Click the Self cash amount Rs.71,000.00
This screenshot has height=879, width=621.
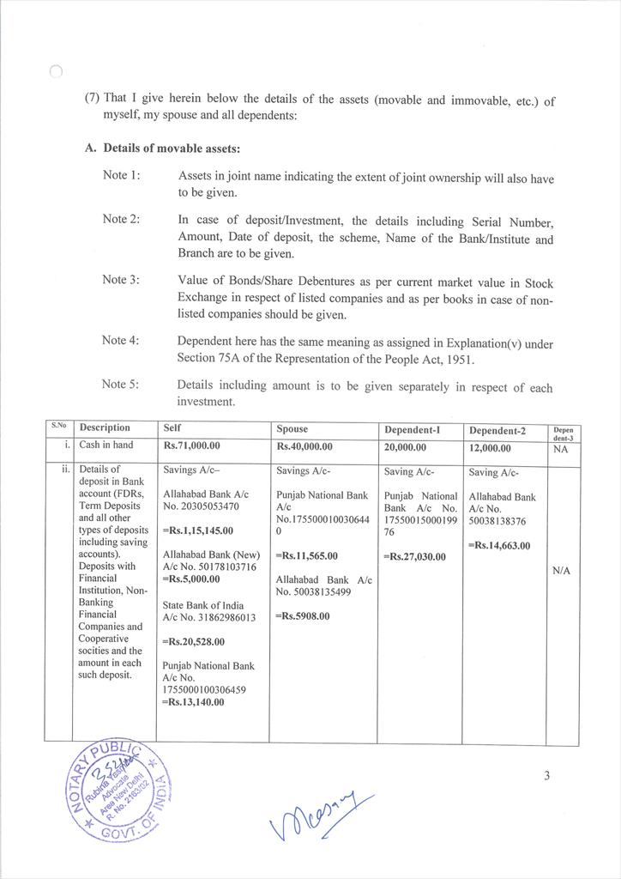click(x=192, y=446)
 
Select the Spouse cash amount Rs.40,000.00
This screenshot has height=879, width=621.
click(x=304, y=446)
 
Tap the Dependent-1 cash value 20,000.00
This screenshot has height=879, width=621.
click(x=404, y=447)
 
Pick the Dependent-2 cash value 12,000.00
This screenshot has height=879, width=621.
click(x=490, y=447)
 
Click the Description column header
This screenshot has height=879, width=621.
click(x=105, y=427)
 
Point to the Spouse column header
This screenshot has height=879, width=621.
click(x=292, y=428)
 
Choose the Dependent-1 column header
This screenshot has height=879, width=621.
click(x=411, y=428)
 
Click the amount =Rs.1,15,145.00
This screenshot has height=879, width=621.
click(x=198, y=530)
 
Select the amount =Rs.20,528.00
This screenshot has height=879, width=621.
click(x=194, y=641)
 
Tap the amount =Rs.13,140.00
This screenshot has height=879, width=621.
click(x=193, y=702)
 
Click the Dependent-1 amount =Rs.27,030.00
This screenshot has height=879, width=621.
click(x=414, y=556)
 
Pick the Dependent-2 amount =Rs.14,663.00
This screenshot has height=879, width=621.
click(x=499, y=545)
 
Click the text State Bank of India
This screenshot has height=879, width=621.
click(x=202, y=605)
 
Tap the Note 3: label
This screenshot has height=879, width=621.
click(x=121, y=280)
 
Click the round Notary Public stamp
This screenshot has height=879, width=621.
click(x=111, y=790)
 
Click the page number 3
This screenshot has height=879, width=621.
click(x=546, y=777)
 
